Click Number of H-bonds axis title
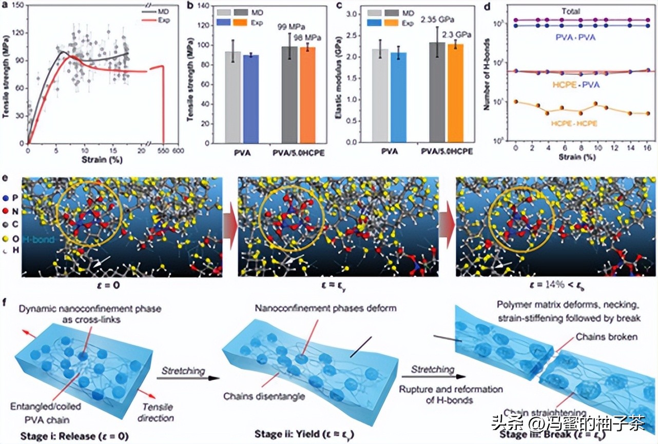(x=486, y=76)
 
